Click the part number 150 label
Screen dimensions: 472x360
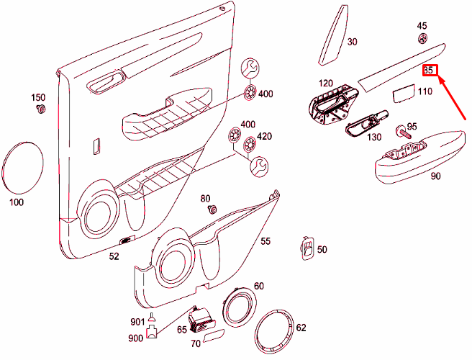[38, 98]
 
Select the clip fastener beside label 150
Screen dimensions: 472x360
[40, 109]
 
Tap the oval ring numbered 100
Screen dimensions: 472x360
[22, 168]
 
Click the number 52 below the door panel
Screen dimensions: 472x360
[114, 256]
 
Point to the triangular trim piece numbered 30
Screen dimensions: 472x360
[332, 36]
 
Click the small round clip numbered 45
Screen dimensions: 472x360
[422, 39]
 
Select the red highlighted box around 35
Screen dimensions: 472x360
[430, 70]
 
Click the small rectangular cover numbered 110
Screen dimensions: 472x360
[404, 94]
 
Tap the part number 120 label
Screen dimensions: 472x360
[326, 83]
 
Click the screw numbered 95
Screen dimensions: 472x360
[403, 132]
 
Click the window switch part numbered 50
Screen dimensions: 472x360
[307, 248]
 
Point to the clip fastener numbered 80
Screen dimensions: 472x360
[213, 209]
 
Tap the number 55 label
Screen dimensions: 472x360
[265, 241]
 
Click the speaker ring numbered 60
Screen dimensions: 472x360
[240, 307]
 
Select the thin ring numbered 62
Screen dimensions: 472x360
[274, 331]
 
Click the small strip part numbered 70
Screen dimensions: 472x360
[214, 336]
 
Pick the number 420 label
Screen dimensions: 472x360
[265, 136]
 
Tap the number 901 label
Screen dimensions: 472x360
[137, 322]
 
